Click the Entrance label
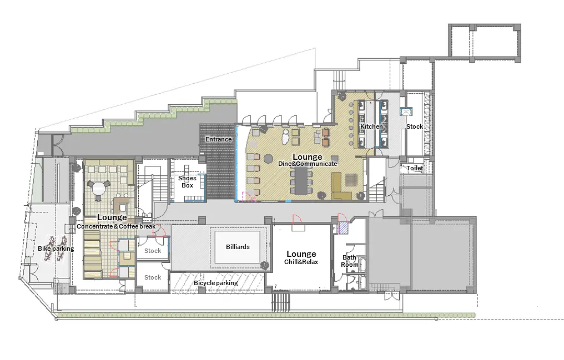(x=218, y=139)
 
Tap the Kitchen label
(x=371, y=126)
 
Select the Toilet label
(x=415, y=168)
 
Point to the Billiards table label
(x=238, y=247)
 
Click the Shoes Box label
(x=188, y=182)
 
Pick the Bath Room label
(x=350, y=261)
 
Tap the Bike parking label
(x=56, y=249)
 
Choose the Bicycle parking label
(x=216, y=283)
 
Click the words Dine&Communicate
(x=308, y=164)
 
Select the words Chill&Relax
(x=301, y=262)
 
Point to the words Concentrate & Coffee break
(x=116, y=227)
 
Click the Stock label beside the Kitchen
(x=415, y=126)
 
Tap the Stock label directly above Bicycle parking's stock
(x=153, y=251)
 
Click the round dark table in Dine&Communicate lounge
(x=268, y=159)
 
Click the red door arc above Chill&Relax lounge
(x=297, y=220)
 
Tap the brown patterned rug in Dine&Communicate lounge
(x=352, y=180)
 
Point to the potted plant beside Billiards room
(x=265, y=266)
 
